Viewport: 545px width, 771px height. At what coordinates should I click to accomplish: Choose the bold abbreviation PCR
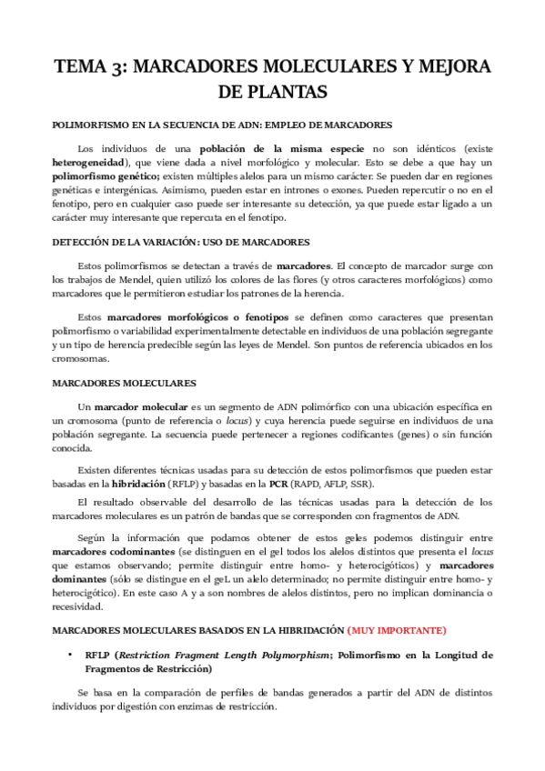(x=279, y=485)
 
